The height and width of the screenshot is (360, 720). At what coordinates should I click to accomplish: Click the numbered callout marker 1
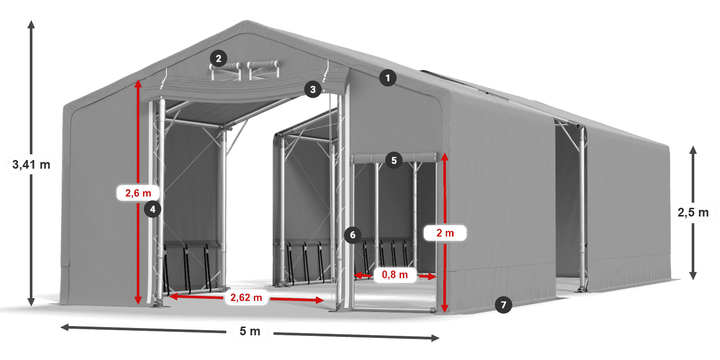(x=388, y=78)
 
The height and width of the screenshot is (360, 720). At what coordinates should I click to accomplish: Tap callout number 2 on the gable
(x=219, y=58)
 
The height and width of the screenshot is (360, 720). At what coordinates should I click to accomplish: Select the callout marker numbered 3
(x=312, y=89)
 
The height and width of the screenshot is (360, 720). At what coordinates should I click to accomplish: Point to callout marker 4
(x=153, y=209)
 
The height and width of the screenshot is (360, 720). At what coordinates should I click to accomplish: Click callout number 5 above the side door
(x=393, y=160)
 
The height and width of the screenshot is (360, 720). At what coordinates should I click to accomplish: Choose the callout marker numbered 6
(x=352, y=235)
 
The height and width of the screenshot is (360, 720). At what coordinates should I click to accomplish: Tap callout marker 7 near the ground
(x=503, y=304)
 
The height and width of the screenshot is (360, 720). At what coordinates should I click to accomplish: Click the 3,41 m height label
(x=30, y=165)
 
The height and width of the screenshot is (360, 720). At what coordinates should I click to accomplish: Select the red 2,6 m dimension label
(x=138, y=193)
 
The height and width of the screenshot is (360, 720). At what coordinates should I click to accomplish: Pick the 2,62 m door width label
(x=246, y=297)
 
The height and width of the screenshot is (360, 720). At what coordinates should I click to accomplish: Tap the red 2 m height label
(x=445, y=233)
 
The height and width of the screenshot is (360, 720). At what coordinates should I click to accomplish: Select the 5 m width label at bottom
(x=250, y=331)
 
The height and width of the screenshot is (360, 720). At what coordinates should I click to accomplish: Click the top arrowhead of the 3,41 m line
(x=31, y=23)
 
